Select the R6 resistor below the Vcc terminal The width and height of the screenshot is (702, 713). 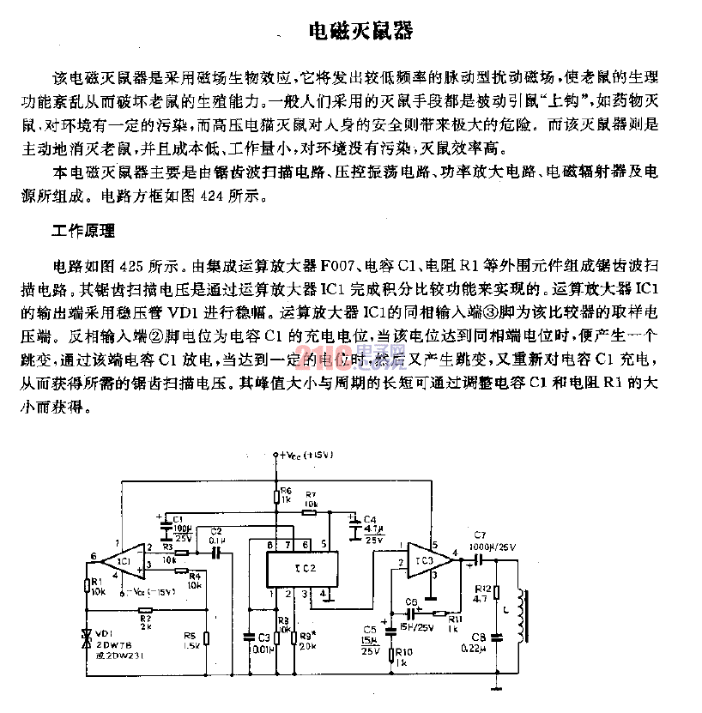click(276, 494)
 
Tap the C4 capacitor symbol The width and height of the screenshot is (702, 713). click(353, 525)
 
